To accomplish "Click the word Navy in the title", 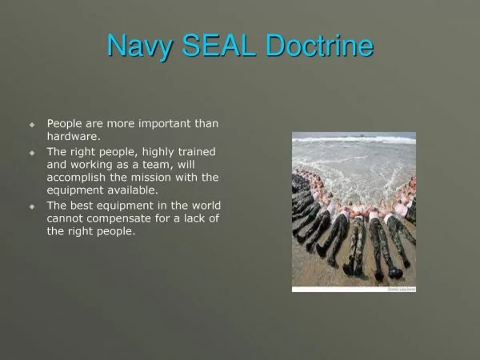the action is pos(139,46).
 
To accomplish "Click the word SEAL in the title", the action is pos(219,45).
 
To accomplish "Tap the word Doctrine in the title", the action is pos(319,45).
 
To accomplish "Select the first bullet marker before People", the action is pos(32,125).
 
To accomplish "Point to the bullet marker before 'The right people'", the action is pos(32,153).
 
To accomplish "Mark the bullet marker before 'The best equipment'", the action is pos(32,206).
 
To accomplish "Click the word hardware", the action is pos(74,136).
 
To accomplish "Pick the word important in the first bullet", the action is pos(165,124).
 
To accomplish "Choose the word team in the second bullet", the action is pos(156,165).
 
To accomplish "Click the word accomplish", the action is pos(76,178).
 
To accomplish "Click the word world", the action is pos(206,206).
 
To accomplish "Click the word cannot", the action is pos(65,218).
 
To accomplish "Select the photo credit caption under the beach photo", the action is pos(402,290).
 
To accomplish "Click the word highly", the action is pos(158,153).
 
